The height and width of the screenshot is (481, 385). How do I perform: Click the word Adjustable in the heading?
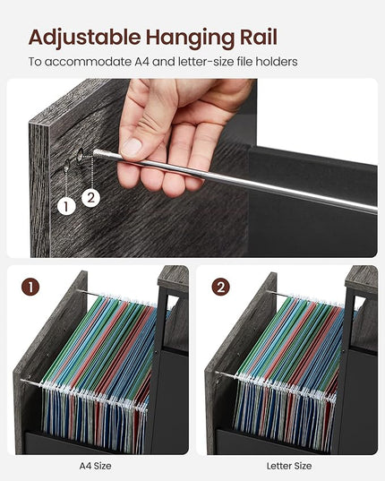(x=84, y=38)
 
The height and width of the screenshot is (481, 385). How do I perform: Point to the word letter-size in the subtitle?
(x=205, y=62)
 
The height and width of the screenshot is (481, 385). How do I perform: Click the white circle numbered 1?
(x=66, y=206)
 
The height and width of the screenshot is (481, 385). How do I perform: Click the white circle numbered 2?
(x=90, y=198)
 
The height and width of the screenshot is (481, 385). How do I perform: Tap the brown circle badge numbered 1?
(x=30, y=288)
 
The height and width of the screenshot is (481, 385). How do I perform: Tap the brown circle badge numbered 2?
(x=220, y=288)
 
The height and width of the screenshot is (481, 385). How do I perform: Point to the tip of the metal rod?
(x=95, y=152)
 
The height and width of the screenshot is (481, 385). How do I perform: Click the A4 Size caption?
(x=95, y=466)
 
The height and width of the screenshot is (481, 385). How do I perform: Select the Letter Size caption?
(x=289, y=466)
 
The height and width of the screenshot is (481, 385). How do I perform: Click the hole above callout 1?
(x=66, y=166)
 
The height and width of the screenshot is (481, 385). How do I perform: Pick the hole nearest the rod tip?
(x=81, y=155)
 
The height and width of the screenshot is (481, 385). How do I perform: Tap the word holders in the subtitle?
(x=277, y=62)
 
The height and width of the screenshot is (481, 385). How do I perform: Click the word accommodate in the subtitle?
(x=88, y=62)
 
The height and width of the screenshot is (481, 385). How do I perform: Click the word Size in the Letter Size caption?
(x=302, y=466)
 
